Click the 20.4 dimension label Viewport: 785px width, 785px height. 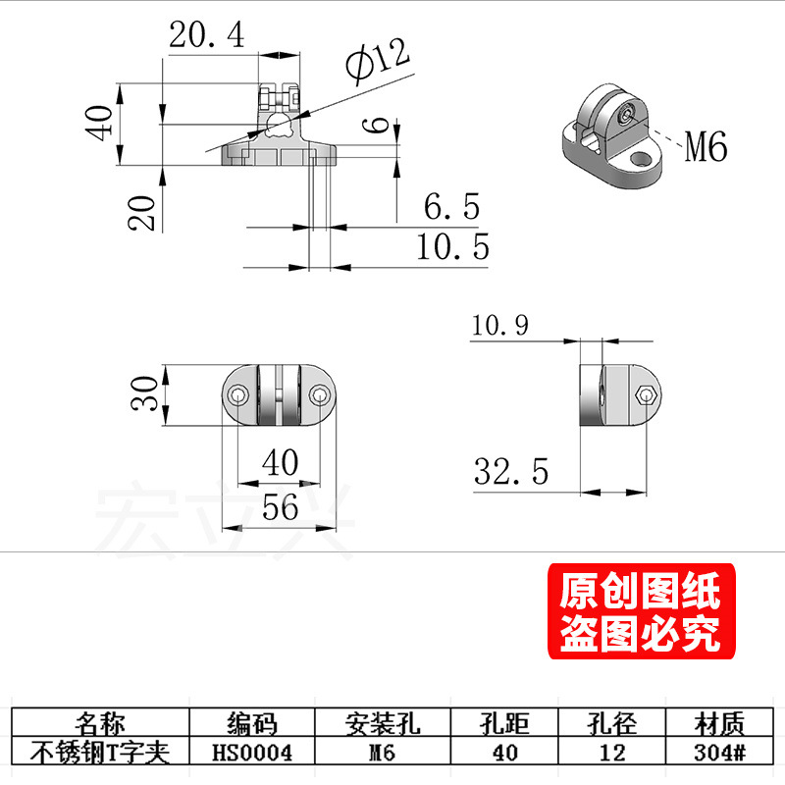click(206, 36)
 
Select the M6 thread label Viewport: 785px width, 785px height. click(705, 148)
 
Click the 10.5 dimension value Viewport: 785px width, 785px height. click(452, 247)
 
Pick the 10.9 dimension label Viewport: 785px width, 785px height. click(499, 325)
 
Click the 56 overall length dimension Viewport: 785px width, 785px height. click(280, 507)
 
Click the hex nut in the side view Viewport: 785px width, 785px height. click(644, 396)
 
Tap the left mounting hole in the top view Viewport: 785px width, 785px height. click(236, 395)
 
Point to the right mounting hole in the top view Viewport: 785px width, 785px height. click(320, 395)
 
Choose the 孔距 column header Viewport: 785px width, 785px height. click(503, 725)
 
